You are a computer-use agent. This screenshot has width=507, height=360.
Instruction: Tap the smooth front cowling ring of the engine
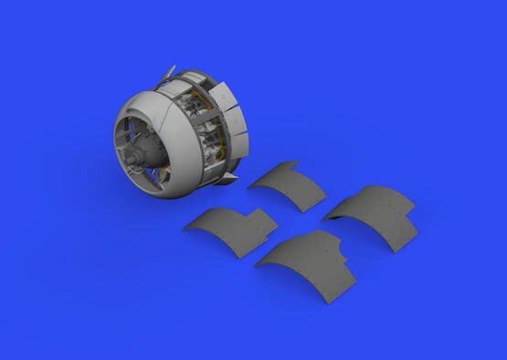169,114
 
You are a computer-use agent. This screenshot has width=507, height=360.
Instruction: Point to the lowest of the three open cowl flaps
239,143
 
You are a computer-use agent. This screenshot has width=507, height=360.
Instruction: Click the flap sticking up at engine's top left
165,74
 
